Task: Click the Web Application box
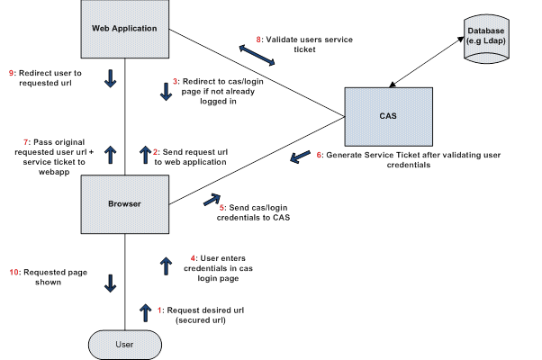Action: point(125,29)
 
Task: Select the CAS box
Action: point(389,117)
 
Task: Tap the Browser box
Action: point(125,204)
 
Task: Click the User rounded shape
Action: point(125,345)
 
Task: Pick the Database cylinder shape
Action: point(486,39)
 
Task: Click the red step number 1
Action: point(159,310)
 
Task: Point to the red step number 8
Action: point(258,40)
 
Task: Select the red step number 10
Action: point(14,272)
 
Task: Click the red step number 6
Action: point(319,155)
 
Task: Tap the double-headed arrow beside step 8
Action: point(257,55)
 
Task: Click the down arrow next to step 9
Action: point(110,78)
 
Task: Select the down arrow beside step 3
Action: point(167,92)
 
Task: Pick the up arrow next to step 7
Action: point(110,155)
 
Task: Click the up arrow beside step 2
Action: point(145,155)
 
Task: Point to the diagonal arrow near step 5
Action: point(212,199)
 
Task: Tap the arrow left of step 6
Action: point(300,157)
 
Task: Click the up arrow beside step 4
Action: point(167,266)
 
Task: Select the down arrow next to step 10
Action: point(110,283)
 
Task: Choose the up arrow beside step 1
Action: point(145,313)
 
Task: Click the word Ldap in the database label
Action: point(493,41)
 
